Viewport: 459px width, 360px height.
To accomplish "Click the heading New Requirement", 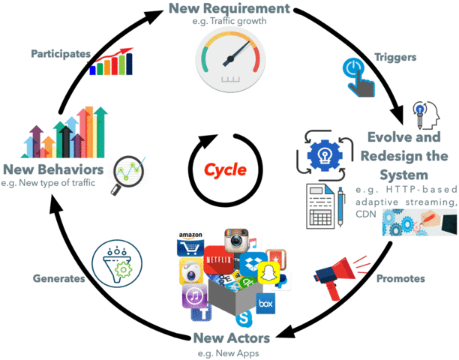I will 229,10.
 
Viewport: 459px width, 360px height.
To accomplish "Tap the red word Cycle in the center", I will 225,169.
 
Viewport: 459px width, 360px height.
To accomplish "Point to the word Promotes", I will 400,278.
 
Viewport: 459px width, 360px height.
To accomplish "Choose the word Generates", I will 59,277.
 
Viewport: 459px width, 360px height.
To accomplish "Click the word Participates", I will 62,53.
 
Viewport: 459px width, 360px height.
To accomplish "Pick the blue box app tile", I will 264,304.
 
